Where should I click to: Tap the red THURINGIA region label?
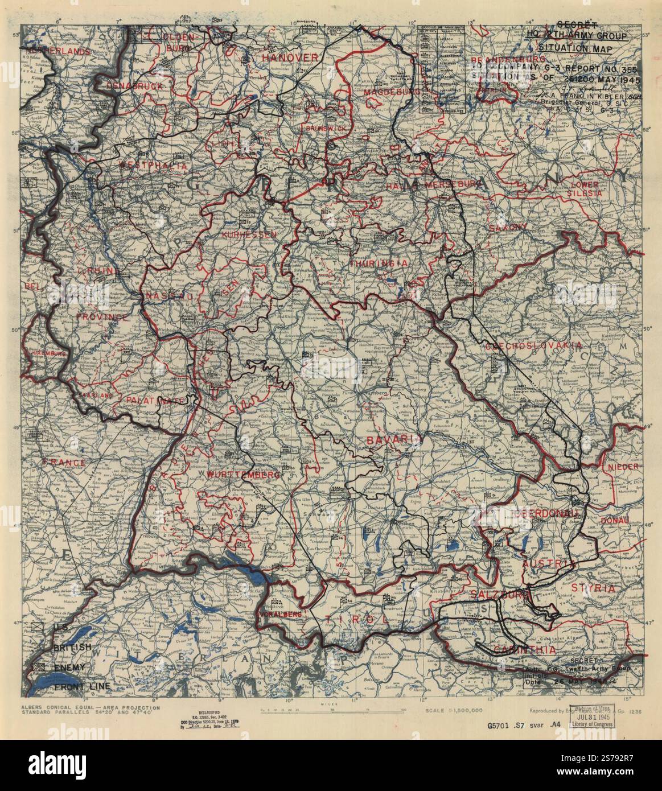click(x=379, y=264)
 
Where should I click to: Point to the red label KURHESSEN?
click(x=249, y=234)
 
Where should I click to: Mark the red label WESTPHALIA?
click(x=153, y=166)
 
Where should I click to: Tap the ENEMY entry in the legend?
click(x=69, y=666)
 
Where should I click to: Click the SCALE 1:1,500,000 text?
click(x=454, y=711)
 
